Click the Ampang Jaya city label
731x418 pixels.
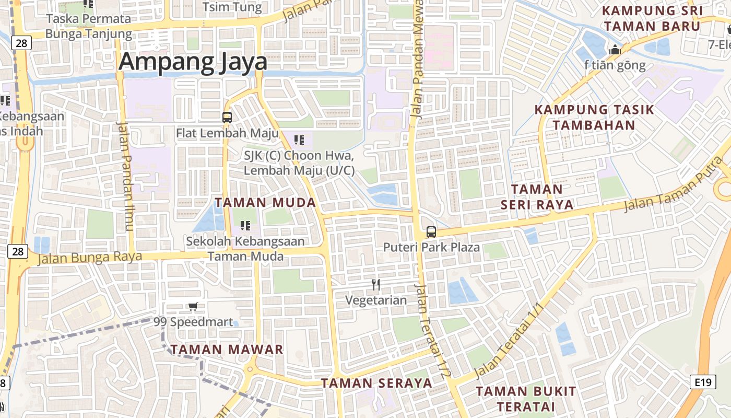[x=193, y=62]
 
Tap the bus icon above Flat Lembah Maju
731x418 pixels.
[x=227, y=117]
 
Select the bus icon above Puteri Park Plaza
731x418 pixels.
[x=431, y=232]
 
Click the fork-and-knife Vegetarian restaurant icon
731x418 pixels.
[x=376, y=285]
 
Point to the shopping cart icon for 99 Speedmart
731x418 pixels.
[x=193, y=306]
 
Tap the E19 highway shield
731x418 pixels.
[x=703, y=382]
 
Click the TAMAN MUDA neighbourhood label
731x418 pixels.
[x=265, y=203]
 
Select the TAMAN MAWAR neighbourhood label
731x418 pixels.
[x=227, y=349]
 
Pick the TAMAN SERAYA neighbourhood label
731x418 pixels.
[x=376, y=383]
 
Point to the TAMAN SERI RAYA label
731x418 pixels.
[x=537, y=196]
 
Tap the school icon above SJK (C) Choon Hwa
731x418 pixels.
[x=299, y=140]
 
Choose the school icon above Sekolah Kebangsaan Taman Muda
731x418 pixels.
[x=245, y=226]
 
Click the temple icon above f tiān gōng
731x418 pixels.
[x=615, y=51]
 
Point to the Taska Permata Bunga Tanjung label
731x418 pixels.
[x=89, y=26]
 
